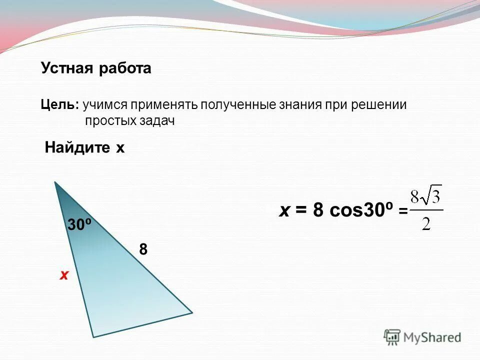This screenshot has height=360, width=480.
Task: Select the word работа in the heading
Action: (124, 68)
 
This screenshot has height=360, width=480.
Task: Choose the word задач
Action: (157, 121)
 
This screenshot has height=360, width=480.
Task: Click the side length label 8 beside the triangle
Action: (143, 249)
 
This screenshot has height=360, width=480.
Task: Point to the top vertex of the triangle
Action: (55, 182)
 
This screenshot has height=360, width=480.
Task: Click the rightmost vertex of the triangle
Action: (192, 313)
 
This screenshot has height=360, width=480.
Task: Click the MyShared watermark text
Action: (432, 338)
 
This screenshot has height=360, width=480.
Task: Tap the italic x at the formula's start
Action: (284, 211)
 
